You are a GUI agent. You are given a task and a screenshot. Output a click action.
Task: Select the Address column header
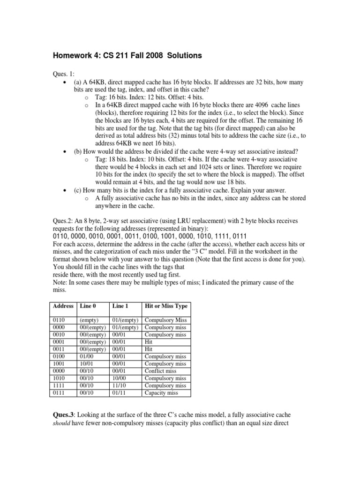point(63,306)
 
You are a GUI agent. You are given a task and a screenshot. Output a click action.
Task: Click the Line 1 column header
point(120,306)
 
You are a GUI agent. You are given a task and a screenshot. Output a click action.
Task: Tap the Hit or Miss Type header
point(166,306)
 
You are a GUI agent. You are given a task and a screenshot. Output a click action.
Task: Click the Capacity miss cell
point(161,393)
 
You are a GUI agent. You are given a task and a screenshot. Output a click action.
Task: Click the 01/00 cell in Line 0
point(87,357)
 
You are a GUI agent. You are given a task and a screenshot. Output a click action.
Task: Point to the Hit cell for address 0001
point(149,342)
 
